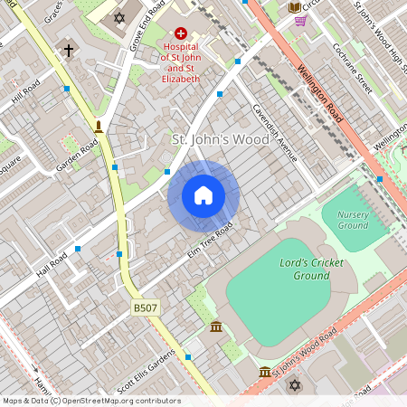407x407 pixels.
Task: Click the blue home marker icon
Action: click(x=203, y=195)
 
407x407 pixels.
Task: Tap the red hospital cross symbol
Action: click(x=181, y=33)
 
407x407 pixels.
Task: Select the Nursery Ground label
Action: click(x=353, y=220)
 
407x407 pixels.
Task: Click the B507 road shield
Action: click(x=146, y=308)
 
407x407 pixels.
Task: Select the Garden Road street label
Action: click(x=77, y=155)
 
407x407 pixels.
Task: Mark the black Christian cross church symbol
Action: click(x=69, y=51)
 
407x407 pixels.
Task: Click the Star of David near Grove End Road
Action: click(x=120, y=17)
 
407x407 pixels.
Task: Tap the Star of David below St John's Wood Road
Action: click(x=292, y=386)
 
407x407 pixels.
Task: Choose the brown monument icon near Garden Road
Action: click(x=99, y=126)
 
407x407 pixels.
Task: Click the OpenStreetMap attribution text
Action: click(x=90, y=401)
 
